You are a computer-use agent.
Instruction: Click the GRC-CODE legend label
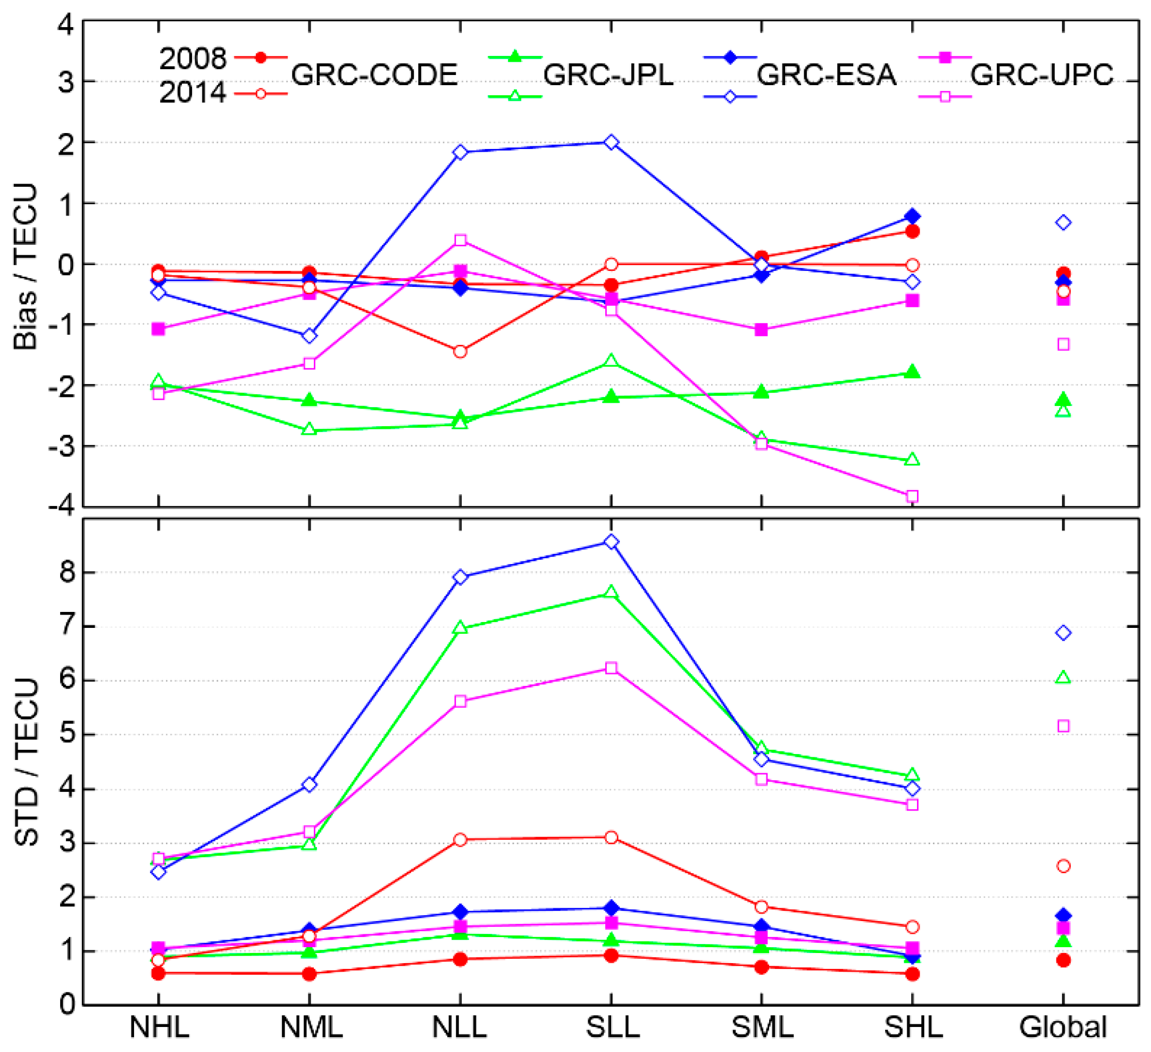374,75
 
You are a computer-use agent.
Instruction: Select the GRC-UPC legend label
1041,75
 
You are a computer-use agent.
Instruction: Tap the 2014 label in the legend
193,93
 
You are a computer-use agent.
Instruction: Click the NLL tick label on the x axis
460,1027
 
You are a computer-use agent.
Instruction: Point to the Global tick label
1063,1027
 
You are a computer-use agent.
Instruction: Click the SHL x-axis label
913,1027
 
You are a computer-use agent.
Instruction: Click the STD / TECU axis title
26,763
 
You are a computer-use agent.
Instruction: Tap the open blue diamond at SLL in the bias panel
611,142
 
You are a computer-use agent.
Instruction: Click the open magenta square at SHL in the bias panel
912,496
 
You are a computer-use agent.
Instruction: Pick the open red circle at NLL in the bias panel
460,351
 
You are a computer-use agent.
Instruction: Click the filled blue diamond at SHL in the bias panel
912,217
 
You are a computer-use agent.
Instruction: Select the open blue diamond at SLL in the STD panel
611,542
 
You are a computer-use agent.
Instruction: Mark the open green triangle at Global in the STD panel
1063,678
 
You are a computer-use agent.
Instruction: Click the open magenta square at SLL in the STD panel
611,668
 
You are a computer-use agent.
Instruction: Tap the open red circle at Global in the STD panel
1063,866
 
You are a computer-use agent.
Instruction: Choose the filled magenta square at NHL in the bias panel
158,329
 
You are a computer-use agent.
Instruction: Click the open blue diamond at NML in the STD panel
310,785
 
